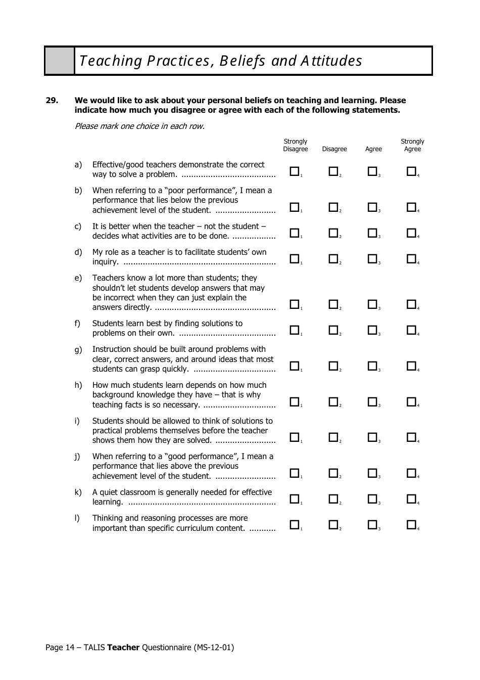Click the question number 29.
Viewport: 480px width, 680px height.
(x=52, y=100)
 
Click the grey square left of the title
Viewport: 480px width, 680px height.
(x=60, y=61)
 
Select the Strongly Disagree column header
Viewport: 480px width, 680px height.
(x=295, y=145)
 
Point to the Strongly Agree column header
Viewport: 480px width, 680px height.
(x=412, y=145)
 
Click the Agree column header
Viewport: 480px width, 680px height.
(x=373, y=149)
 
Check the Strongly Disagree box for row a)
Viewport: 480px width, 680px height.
(x=294, y=171)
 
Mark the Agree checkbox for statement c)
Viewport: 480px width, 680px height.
(x=372, y=233)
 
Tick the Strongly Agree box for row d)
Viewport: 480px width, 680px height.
(x=411, y=259)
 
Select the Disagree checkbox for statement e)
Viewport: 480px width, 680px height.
(x=333, y=304)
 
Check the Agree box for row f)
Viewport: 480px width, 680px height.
(x=372, y=330)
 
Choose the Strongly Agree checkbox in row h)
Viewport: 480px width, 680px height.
(x=411, y=401)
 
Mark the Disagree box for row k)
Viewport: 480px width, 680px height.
(x=333, y=499)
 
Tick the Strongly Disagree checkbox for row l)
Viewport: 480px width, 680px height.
(x=294, y=525)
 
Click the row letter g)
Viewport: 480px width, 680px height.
(x=78, y=349)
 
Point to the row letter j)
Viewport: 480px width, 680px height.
(x=77, y=457)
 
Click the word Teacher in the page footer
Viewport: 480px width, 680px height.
(x=123, y=647)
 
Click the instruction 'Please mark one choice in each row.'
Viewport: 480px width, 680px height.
(x=139, y=126)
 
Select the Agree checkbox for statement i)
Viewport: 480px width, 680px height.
(x=372, y=437)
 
